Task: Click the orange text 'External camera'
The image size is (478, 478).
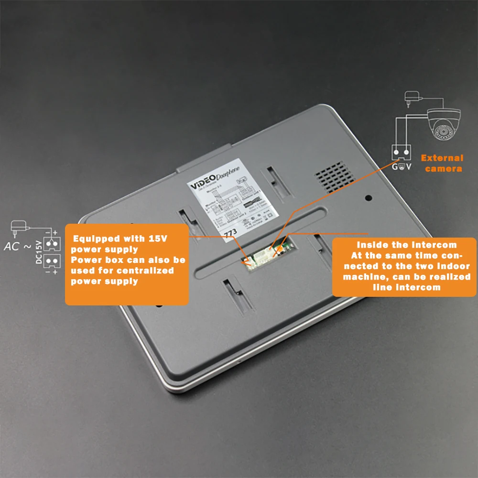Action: click(x=443, y=163)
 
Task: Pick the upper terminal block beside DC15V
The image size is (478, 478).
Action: click(x=53, y=243)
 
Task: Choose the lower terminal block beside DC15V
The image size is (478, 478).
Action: click(x=53, y=261)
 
